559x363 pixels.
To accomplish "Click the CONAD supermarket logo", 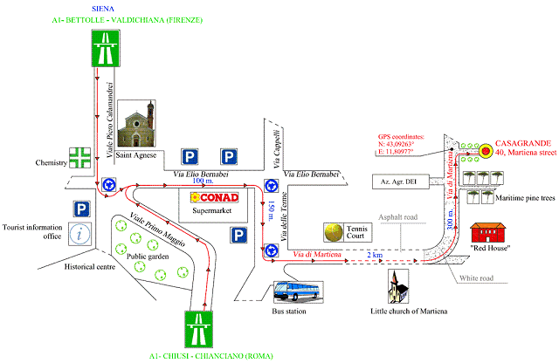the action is click(x=214, y=197).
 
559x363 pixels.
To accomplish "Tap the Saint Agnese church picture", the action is click(x=136, y=123).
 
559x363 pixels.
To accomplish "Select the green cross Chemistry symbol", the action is click(x=79, y=158).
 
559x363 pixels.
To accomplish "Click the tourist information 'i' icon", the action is click(x=79, y=234).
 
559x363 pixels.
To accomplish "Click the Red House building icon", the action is click(x=487, y=233).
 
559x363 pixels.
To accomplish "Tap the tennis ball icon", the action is click(x=334, y=232).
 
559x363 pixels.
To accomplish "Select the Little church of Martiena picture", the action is click(x=398, y=286).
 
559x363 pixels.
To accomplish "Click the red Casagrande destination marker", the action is click(x=485, y=151).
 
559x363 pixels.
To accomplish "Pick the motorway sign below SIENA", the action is click(x=106, y=49).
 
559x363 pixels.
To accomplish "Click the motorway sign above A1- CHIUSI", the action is click(x=198, y=329).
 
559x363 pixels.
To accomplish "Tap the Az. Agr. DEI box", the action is click(x=400, y=181).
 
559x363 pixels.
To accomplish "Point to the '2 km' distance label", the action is click(x=375, y=255).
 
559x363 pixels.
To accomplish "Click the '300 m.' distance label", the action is click(x=450, y=219).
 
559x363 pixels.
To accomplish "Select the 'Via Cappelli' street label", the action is click(x=277, y=148).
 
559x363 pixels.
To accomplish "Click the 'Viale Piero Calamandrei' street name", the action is click(x=110, y=120).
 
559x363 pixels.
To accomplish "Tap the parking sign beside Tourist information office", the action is click(x=81, y=209).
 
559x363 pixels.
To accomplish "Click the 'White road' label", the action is click(x=476, y=277).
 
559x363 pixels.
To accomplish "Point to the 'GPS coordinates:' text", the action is click(x=401, y=137).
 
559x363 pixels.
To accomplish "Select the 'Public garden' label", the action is click(x=148, y=257).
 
